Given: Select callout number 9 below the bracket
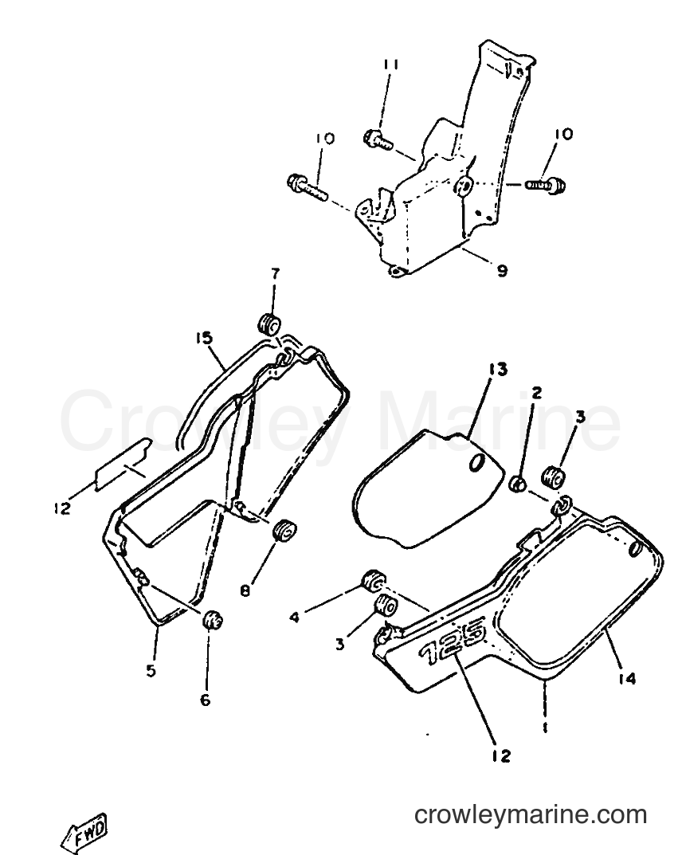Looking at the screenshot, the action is [502, 270].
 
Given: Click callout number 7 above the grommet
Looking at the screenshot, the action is [274, 274].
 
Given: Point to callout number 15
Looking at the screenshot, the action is [203, 339].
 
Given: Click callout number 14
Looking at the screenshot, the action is [628, 679].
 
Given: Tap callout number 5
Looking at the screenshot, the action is [151, 671].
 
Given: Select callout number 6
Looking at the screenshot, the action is [205, 700].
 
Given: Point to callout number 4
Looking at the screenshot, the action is [294, 618].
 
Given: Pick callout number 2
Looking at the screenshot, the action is [536, 393].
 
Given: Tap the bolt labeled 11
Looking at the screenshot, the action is [378, 137].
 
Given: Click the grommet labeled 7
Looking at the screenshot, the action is [269, 324].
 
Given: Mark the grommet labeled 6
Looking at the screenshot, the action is [213, 620].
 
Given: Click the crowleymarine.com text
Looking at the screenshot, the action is [531, 815].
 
